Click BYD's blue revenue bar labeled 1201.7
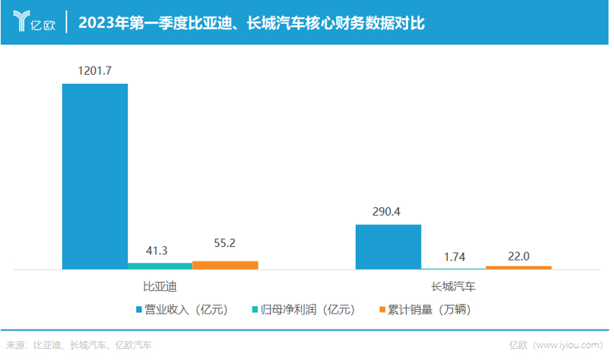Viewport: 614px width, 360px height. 95,176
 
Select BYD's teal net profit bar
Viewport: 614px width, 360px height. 159,265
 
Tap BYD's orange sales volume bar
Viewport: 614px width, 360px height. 225,264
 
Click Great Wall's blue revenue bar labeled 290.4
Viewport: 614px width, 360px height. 388,246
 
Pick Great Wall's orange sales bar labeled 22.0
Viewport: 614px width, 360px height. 518,266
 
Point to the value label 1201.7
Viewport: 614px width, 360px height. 95,71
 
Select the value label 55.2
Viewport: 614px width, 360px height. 225,243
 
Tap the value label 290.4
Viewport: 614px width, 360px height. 388,211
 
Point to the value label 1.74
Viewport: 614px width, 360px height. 454,257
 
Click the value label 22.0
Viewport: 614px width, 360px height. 518,255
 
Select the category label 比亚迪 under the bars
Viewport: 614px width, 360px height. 159,287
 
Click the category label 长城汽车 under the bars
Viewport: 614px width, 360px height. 454,287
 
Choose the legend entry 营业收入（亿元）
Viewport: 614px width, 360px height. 184,309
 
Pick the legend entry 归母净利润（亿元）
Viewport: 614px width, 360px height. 303,309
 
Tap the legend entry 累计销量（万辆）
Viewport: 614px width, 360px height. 426,309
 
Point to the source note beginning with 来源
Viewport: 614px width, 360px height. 79,345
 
